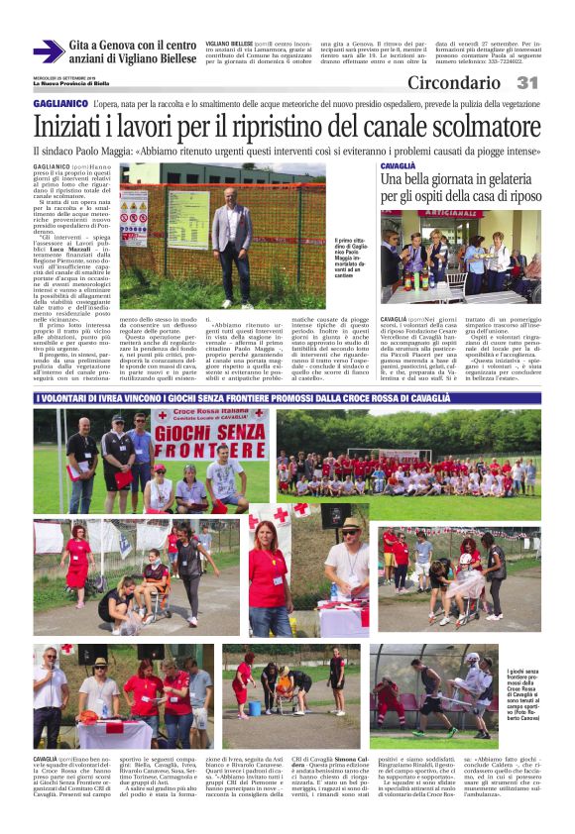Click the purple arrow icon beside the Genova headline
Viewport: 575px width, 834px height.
point(48,52)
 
